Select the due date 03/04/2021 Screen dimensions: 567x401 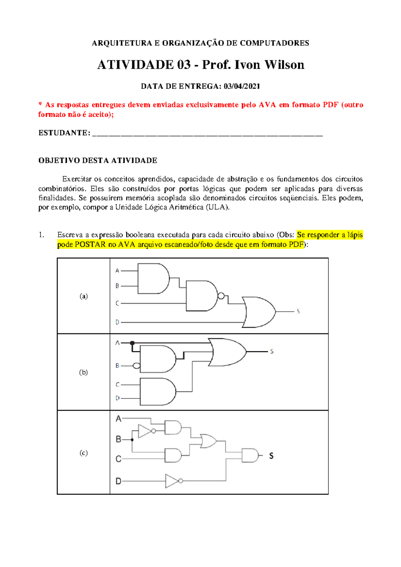click(242, 86)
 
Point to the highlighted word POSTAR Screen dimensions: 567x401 click(90, 244)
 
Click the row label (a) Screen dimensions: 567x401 click(84, 296)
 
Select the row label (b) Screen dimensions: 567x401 click(84, 372)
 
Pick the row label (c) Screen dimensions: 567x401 click(84, 453)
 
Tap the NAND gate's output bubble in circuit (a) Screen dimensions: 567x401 click(221, 296)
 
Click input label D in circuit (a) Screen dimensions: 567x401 click(117, 322)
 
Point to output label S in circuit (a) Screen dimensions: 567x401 click(298, 312)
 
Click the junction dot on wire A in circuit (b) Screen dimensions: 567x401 click(132, 343)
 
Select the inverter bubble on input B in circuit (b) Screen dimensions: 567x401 click(136, 366)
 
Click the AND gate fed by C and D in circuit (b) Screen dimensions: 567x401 click(157, 391)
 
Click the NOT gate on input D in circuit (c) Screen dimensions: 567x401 click(172, 481)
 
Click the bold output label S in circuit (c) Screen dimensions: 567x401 click(271, 456)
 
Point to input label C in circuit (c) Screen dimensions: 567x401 click(118, 459)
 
